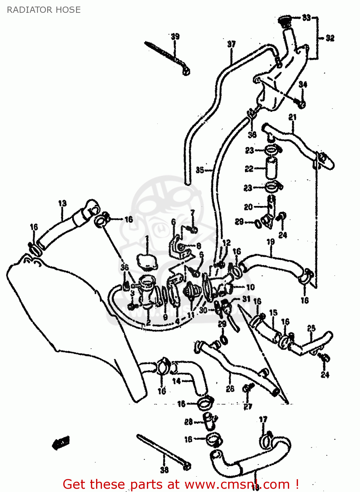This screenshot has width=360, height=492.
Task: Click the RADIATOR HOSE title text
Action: (44, 10)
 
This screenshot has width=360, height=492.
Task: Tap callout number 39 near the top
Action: (175, 36)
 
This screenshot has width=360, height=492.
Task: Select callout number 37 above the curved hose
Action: (231, 44)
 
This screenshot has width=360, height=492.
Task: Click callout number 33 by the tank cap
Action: (306, 17)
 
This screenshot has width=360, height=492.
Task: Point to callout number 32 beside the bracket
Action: (330, 38)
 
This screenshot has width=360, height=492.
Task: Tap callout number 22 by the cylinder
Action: (249, 169)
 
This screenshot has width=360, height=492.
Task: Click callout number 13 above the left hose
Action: (62, 203)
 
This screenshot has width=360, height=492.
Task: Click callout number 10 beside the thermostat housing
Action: (250, 287)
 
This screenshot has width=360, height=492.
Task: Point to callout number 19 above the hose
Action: (270, 242)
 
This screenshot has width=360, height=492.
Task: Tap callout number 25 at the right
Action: (311, 328)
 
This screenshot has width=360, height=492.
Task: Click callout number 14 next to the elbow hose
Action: (176, 381)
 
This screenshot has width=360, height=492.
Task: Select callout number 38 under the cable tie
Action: (164, 470)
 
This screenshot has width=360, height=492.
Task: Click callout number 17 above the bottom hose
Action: (263, 419)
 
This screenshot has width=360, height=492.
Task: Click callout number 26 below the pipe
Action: (230, 389)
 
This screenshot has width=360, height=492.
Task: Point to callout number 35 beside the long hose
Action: (200, 170)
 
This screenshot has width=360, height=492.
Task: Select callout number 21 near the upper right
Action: (292, 117)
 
